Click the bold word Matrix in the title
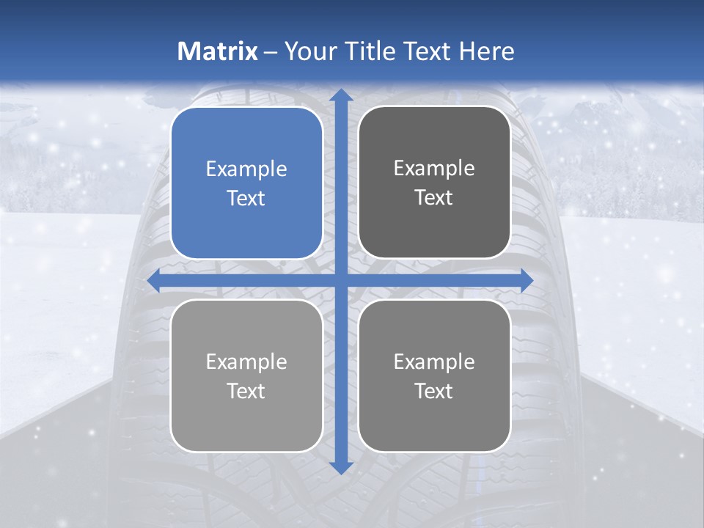(x=218, y=51)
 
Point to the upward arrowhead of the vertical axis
(x=340, y=96)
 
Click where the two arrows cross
(x=340, y=280)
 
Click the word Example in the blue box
(x=246, y=169)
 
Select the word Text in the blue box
(x=246, y=199)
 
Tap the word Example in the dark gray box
(x=434, y=169)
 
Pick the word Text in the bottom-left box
(x=246, y=392)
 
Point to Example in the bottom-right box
(x=434, y=362)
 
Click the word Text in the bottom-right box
(x=434, y=392)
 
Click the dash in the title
(x=271, y=52)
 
